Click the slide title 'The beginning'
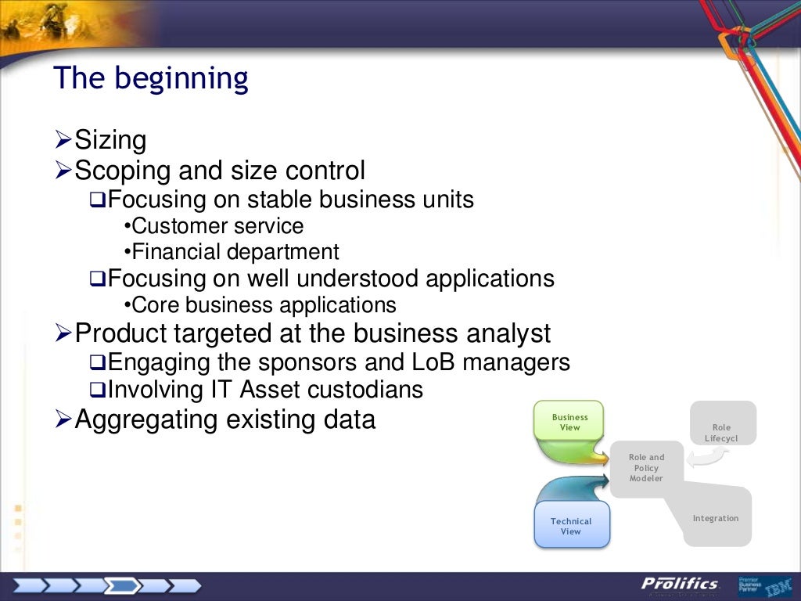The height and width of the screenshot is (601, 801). tap(150, 79)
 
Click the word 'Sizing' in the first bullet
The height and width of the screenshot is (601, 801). tap(110, 141)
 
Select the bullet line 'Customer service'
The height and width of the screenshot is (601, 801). tap(217, 226)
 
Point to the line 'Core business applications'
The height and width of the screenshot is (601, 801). tap(264, 304)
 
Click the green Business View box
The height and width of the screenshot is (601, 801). tap(569, 423)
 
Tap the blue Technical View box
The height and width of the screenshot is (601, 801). tap(570, 526)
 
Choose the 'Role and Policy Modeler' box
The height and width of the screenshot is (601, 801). tap(646, 469)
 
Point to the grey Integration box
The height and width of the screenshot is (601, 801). tap(715, 518)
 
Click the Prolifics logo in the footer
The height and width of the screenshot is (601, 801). tap(679, 585)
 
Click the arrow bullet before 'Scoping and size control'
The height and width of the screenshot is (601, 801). tap(63, 170)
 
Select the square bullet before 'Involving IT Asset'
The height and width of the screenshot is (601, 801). tap(97, 389)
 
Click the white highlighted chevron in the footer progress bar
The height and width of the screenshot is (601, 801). tap(124, 585)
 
